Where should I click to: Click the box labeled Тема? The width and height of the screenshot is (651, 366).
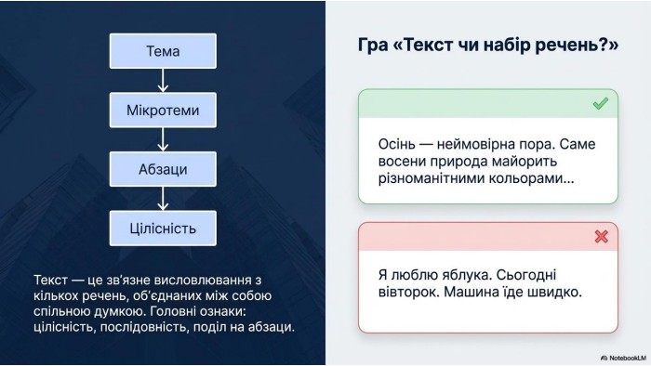click(x=163, y=51)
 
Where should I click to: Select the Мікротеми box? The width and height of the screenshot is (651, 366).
click(x=163, y=110)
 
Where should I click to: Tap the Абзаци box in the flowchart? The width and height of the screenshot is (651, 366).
click(x=163, y=169)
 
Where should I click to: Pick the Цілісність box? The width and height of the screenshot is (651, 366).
click(x=163, y=229)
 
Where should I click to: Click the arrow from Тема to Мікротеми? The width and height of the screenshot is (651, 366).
click(x=163, y=81)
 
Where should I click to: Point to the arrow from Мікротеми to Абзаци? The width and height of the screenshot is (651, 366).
click(x=163, y=139)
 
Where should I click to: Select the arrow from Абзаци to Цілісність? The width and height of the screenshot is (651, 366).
click(x=163, y=199)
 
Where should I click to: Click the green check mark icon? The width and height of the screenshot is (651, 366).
click(x=601, y=103)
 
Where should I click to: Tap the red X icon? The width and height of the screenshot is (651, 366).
click(x=601, y=236)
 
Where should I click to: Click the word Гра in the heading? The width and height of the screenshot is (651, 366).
click(x=372, y=46)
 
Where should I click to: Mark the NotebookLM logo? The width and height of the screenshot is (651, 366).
click(x=623, y=358)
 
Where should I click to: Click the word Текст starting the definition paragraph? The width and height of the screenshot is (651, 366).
click(x=50, y=280)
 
